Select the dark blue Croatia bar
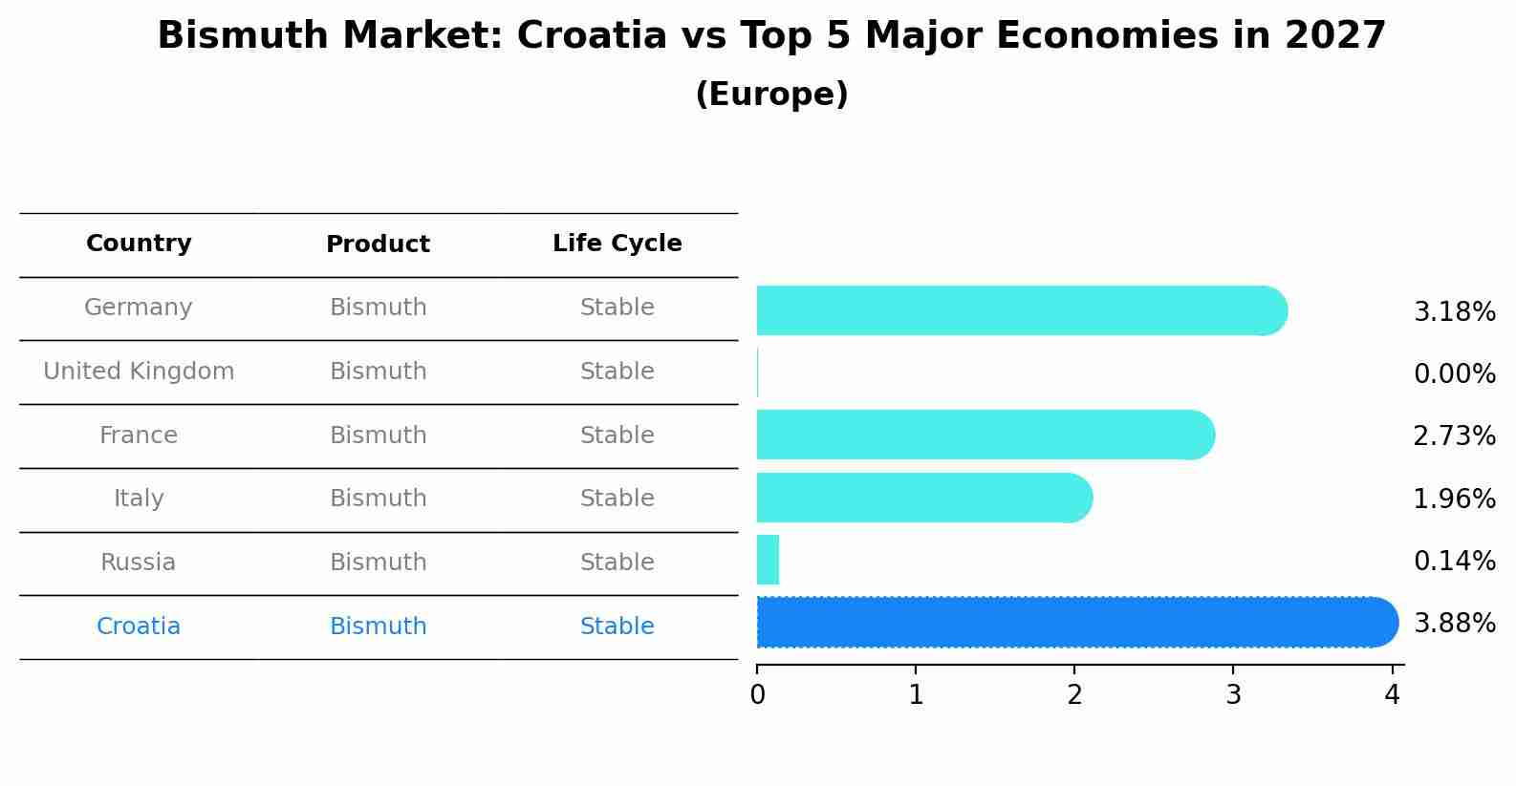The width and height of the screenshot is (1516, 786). pos(1076,623)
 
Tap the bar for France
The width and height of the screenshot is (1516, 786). pos(985,435)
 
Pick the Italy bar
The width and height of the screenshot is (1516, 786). pos(923,498)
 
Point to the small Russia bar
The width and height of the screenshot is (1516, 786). pos(768,560)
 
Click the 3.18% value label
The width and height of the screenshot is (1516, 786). pos(1454,312)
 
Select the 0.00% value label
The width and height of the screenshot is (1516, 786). pos(1454,374)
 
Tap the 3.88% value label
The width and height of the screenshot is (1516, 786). pos(1454,624)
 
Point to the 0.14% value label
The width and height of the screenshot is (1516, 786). pos(1454,561)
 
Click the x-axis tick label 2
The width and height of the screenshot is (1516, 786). pos(1074,695)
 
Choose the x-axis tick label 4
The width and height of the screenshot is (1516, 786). pos(1392,695)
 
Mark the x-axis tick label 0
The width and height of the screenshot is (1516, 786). pos(757,695)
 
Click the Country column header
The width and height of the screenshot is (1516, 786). pos(139,244)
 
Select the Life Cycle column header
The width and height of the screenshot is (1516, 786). pos(617,244)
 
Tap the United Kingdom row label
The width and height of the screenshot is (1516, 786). pos(139,372)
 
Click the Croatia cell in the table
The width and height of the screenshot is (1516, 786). pos(139,627)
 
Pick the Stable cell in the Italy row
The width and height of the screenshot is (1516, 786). pos(617,499)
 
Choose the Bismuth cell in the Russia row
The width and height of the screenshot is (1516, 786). pos(378,563)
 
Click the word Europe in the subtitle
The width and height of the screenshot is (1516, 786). pos(771,95)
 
